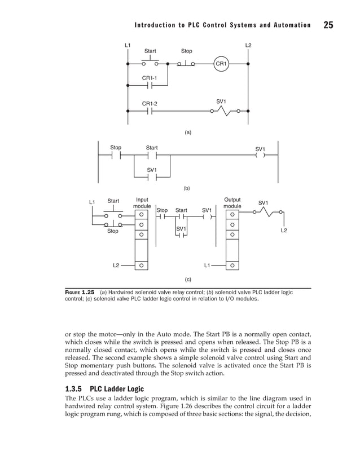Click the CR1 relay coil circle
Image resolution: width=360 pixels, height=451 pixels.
221,64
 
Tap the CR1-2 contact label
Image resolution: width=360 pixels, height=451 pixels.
150,103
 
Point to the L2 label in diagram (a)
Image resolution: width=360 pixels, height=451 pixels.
248,45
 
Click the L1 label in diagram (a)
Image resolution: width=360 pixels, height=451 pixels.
128,45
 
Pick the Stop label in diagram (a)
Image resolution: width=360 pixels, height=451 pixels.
186,51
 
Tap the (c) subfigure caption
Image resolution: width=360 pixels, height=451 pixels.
188,278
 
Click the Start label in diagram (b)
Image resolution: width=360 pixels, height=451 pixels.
152,148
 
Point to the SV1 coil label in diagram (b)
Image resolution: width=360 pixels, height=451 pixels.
260,149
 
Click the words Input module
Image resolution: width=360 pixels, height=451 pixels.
142,203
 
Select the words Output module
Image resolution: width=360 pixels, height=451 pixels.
232,203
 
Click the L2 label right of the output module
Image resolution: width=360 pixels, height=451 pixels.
284,231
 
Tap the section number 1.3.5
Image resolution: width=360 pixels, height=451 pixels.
74,389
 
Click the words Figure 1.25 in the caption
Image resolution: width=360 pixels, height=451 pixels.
81,293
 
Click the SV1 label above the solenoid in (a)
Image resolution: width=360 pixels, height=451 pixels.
221,101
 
